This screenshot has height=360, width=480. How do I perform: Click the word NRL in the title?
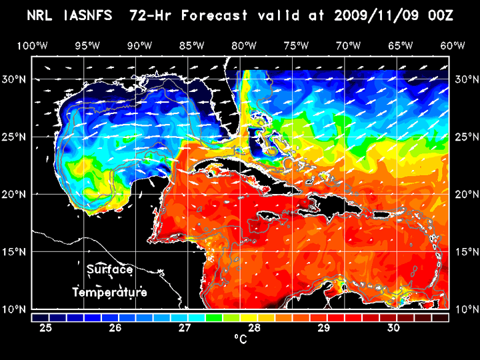(41, 15)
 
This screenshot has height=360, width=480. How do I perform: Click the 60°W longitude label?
(453, 45)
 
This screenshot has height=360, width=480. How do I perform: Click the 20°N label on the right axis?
(465, 194)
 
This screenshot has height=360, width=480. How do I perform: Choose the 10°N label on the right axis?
(465, 309)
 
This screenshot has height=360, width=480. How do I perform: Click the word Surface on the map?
(110, 270)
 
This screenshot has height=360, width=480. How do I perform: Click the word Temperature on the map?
(110, 292)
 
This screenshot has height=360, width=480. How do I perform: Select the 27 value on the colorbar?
(185, 328)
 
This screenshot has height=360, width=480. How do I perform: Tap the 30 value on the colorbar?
(393, 328)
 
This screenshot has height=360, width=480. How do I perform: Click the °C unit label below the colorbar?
(239, 339)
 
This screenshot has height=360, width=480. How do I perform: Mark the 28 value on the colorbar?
(255, 328)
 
